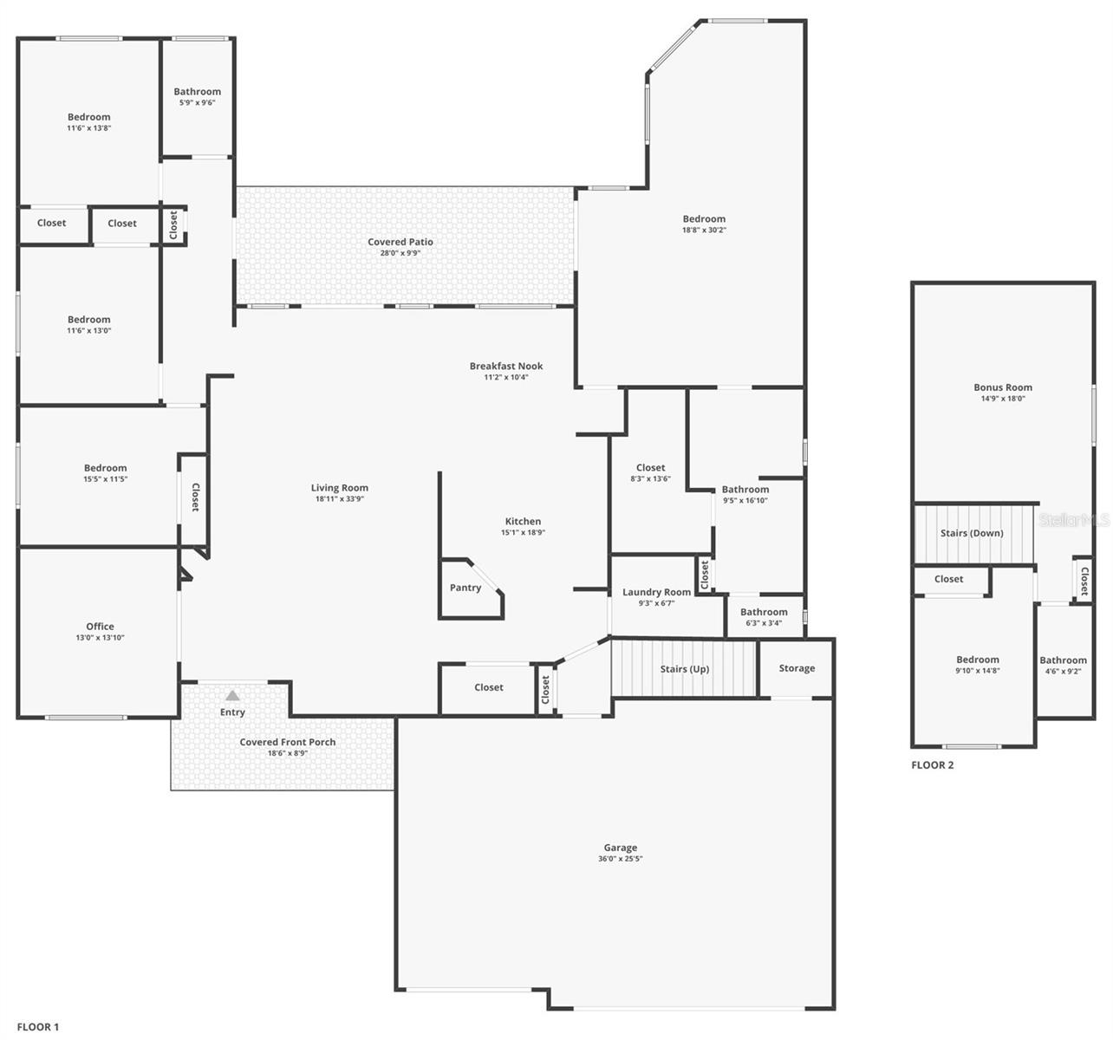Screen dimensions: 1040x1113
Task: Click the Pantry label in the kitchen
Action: coord(465,588)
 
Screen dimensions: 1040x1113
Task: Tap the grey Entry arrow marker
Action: coord(232,695)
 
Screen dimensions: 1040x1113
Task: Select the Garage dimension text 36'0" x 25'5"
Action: coord(620,859)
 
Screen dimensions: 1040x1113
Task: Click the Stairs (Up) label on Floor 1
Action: coord(685,669)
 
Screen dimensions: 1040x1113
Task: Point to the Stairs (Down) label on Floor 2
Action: coord(972,533)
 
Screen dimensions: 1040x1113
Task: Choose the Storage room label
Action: coord(797,668)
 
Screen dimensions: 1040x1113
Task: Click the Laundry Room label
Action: coord(656,592)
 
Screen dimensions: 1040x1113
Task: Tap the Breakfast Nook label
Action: coord(506,366)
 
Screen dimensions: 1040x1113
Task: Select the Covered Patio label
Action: coord(400,242)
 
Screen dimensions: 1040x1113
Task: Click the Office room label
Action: coord(100,627)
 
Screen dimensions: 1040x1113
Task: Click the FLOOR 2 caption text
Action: coord(933,765)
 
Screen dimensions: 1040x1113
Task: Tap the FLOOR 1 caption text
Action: coord(38,1027)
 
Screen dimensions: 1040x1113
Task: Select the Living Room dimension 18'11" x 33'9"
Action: coord(340,499)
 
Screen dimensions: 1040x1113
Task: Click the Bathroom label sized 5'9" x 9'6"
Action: coord(197,92)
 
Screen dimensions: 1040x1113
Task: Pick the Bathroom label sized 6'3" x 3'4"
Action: coord(764,612)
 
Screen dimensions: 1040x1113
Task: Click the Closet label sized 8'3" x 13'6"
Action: coord(650,468)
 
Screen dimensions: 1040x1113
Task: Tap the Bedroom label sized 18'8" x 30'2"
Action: coord(704,219)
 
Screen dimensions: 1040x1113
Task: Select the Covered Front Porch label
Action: coord(288,742)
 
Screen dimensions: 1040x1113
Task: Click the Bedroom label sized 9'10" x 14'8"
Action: coord(978,660)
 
